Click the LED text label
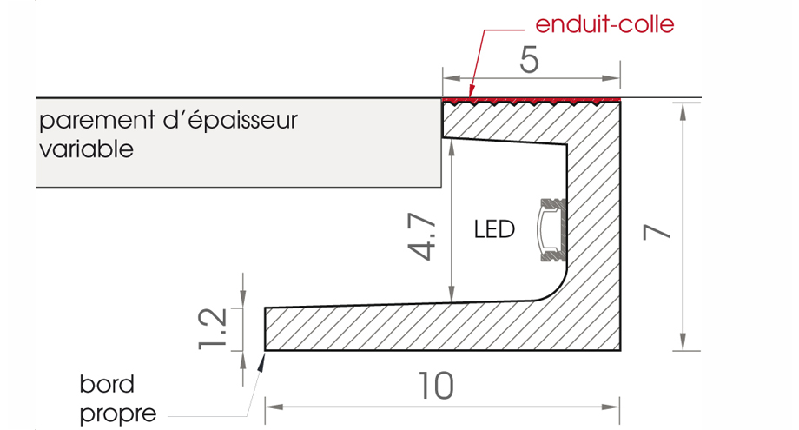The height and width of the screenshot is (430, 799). point(494,230)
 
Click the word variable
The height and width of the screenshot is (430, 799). point(87,149)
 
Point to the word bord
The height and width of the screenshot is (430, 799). point(106,384)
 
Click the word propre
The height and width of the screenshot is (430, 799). point(118,413)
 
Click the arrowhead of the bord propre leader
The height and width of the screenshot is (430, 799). point(260,364)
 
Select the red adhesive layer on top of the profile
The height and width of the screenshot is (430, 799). point(532,102)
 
